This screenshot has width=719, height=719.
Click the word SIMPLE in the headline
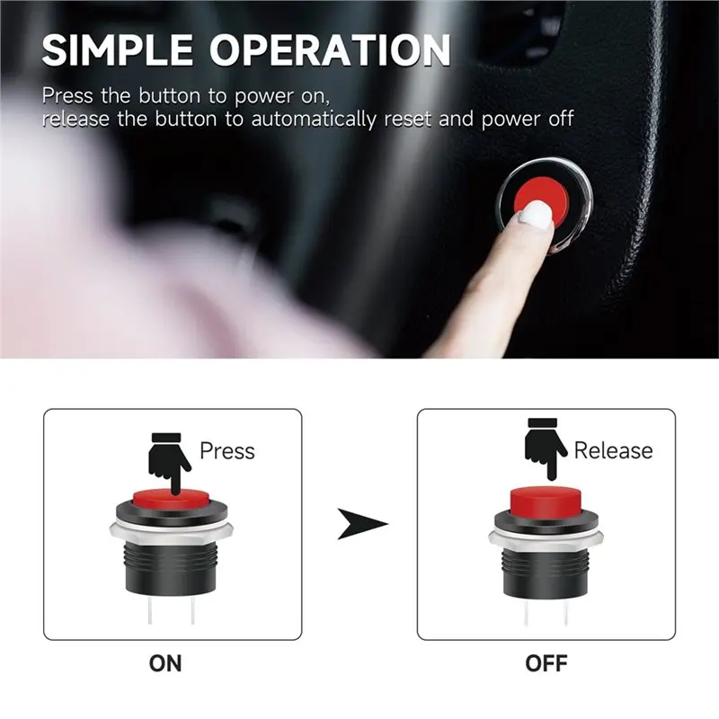coord(118,49)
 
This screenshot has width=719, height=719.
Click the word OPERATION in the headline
coord(330,49)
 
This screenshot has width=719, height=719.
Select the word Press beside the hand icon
coord(227,450)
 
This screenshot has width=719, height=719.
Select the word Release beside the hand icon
coord(613,450)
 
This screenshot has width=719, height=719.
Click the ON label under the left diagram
coord(165,663)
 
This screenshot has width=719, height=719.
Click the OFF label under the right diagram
coord(546,663)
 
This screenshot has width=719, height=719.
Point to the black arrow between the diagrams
coord(362,523)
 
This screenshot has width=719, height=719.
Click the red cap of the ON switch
coord(171,498)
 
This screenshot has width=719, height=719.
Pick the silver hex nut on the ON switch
coord(171,533)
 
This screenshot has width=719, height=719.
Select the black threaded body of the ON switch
coord(171,569)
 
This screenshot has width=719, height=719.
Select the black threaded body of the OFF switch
coord(546,574)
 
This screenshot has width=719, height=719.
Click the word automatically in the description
coord(313,120)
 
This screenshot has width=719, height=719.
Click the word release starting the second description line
coord(75,120)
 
